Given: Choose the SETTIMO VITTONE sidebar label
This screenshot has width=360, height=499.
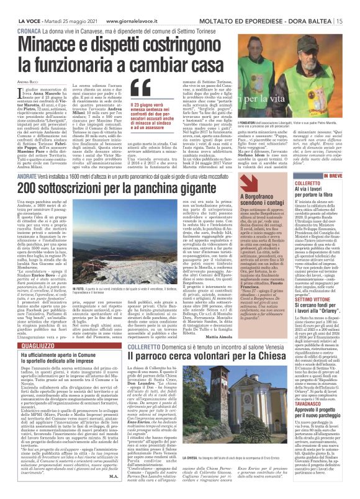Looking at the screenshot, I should coord(311,289).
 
